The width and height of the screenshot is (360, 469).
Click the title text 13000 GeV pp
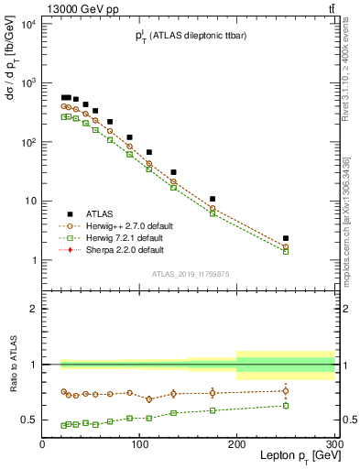(x=77, y=8)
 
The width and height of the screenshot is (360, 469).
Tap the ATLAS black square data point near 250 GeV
(x=286, y=238)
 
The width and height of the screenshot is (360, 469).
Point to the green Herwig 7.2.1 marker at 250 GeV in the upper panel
(x=286, y=251)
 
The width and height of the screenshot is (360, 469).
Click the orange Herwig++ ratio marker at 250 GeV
(x=286, y=391)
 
